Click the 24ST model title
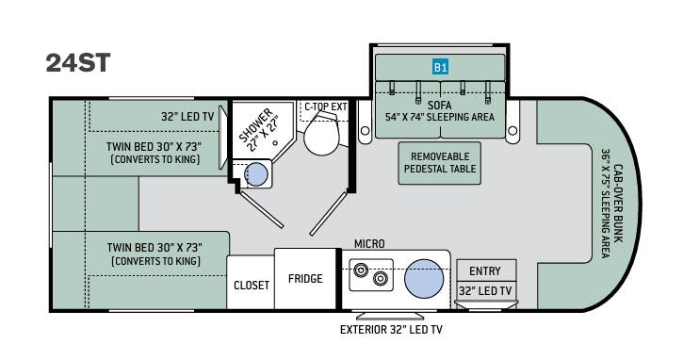(78, 63)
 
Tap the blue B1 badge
(440, 67)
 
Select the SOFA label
(440, 105)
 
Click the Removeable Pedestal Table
(440, 163)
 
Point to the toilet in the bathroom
(322, 133)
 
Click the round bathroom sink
(256, 174)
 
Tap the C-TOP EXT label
(326, 106)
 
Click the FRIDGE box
(305, 279)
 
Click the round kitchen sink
(424, 279)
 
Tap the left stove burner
(361, 270)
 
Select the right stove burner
(381, 279)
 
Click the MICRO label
(369, 244)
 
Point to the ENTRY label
(485, 271)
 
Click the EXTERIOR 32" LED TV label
(391, 330)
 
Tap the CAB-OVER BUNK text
(618, 204)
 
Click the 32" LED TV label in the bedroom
(187, 116)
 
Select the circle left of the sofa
(365, 130)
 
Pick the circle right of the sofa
(513, 130)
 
